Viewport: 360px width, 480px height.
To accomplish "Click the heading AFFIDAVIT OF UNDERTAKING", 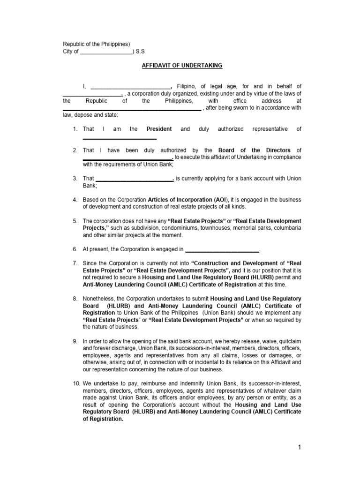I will tap(182, 66).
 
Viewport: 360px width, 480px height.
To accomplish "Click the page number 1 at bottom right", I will tap(300, 447).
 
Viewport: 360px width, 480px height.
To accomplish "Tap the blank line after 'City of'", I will tap(107, 52).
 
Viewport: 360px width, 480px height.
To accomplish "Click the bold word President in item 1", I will tap(159, 129).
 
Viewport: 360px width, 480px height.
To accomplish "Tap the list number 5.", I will tap(75, 221).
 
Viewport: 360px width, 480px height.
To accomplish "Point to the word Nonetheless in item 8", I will tap(99, 299).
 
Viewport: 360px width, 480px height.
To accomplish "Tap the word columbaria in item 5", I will tap(286, 228).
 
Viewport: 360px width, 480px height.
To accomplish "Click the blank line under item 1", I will tap(120, 139).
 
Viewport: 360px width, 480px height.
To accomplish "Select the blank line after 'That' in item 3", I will tap(135, 179).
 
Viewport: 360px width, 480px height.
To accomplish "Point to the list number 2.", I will tap(75, 150).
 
